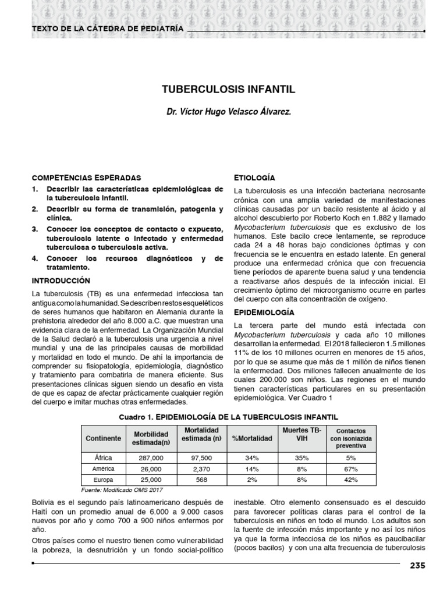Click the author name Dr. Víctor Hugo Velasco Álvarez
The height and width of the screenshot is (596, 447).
(x=228, y=111)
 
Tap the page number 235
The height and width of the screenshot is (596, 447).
(x=417, y=566)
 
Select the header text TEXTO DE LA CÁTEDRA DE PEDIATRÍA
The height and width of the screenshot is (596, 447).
(x=107, y=28)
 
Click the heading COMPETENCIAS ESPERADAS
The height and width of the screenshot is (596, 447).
(x=86, y=177)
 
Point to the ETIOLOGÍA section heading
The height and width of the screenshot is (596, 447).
(x=254, y=177)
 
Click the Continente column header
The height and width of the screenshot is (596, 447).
(x=103, y=438)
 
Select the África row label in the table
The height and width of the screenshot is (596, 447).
(x=103, y=457)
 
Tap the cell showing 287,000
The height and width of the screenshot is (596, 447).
(x=151, y=457)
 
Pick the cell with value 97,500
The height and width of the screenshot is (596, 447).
(x=201, y=457)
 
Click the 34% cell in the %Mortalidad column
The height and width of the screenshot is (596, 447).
(x=251, y=457)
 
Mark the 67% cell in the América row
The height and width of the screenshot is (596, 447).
(x=350, y=469)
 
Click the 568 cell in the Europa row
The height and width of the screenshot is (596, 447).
(x=201, y=480)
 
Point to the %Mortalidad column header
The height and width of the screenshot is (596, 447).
(x=251, y=438)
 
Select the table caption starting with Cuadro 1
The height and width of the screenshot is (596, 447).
(x=228, y=416)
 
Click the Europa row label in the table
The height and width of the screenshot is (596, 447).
(x=103, y=480)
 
